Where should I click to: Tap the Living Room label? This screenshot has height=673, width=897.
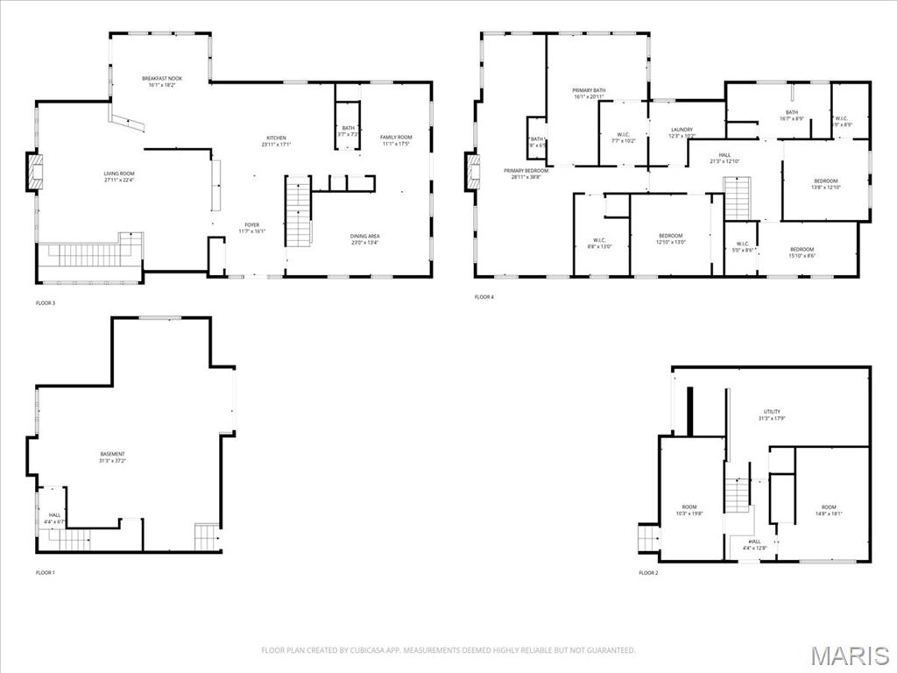tap(119, 178)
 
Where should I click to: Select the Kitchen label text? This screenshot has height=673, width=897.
tap(276, 141)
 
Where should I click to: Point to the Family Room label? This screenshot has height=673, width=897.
tap(395, 140)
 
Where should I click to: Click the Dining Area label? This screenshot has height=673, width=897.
tap(364, 239)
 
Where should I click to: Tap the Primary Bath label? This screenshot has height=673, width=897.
tap(589, 94)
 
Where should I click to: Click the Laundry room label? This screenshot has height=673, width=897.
tap(682, 132)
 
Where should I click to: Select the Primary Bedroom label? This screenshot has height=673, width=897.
tap(526, 174)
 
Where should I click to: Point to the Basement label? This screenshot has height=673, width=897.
tap(112, 457)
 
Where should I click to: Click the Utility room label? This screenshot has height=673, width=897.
tap(771, 414)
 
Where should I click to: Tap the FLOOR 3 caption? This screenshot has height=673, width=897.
tap(46, 302)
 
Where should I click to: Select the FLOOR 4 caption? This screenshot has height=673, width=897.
tap(484, 297)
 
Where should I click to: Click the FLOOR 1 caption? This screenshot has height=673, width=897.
tap(46, 572)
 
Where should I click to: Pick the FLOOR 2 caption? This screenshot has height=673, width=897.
tap(648, 572)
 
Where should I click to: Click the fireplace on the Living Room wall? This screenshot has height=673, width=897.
tap(34, 173)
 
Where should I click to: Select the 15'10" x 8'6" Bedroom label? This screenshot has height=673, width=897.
tap(802, 252)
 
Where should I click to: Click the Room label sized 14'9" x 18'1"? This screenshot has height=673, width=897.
tap(828, 511)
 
